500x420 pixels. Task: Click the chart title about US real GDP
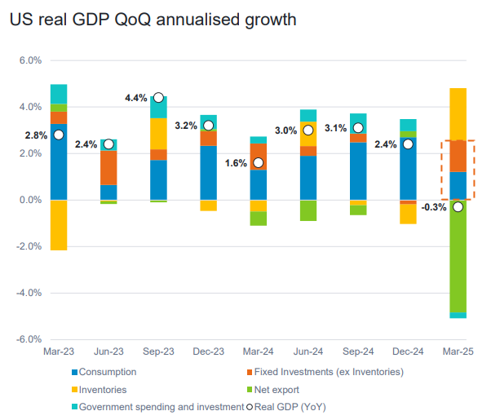pyautogui.click(x=153, y=18)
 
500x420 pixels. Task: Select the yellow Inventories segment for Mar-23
pyautogui.click(x=58, y=224)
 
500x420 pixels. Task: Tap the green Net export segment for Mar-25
pyautogui.click(x=458, y=256)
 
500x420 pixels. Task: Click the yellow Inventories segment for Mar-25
pyautogui.click(x=458, y=113)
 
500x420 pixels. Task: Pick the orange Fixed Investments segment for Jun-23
pyautogui.click(x=108, y=168)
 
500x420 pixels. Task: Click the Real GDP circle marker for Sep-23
pyautogui.click(x=158, y=97)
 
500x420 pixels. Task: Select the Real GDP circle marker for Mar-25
pyautogui.click(x=458, y=206)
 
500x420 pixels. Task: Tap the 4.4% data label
pyautogui.click(x=135, y=98)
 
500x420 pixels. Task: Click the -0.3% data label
pyautogui.click(x=434, y=207)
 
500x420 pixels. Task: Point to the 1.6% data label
pyautogui.click(x=236, y=163)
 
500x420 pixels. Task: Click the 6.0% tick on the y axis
pyautogui.click(x=29, y=60)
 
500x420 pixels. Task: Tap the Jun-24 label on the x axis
pyautogui.click(x=308, y=351)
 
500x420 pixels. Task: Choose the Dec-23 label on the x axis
pyautogui.click(x=208, y=351)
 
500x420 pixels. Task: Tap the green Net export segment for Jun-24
pyautogui.click(x=308, y=210)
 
